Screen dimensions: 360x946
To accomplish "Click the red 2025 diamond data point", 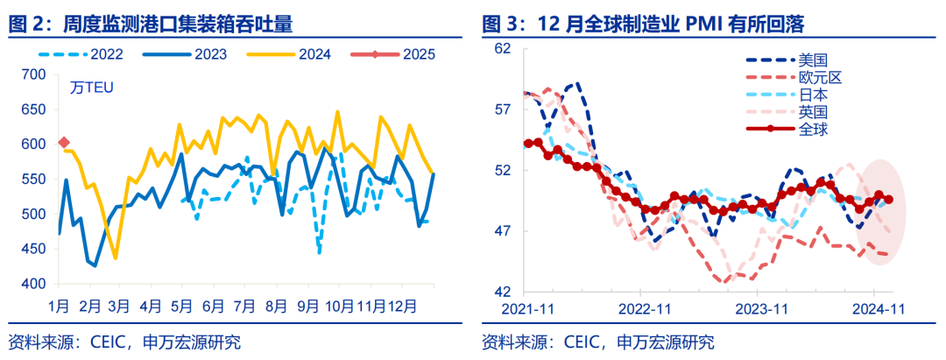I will pyautogui.click(x=63, y=142).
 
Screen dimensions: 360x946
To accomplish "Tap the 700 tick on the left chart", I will pyautogui.click(x=32, y=74).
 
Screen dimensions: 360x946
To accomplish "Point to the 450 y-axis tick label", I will pyautogui.click(x=32, y=250).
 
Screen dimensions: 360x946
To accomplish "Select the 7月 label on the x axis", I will pyautogui.click(x=244, y=307).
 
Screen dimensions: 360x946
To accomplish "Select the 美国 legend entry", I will pyautogui.click(x=813, y=60).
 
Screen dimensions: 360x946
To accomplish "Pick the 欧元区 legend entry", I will pyautogui.click(x=820, y=77).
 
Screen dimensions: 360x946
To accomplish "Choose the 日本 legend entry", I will pyautogui.click(x=813, y=95).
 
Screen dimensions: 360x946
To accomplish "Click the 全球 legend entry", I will pyautogui.click(x=813, y=129).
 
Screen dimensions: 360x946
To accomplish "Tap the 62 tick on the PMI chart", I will pyautogui.click(x=503, y=49).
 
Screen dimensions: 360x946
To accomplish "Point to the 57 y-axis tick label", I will pyautogui.click(x=503, y=109).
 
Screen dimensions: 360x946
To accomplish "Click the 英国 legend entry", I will pyautogui.click(x=813, y=111).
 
